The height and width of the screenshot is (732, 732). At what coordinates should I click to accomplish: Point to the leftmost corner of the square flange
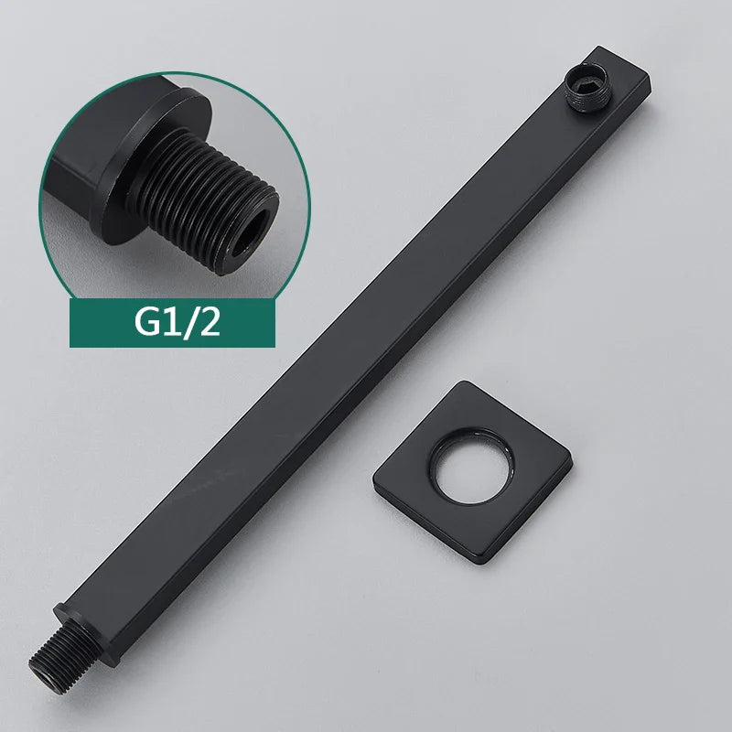tap(375, 473)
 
